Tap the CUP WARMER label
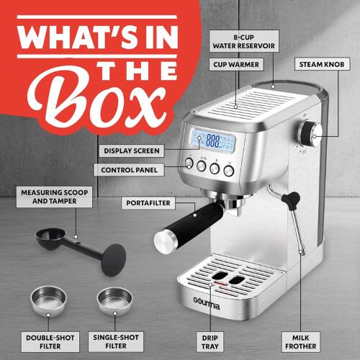coord(237,65)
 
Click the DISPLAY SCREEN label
coord(131,150)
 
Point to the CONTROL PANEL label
coord(129,170)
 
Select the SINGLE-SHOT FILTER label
coord(117,340)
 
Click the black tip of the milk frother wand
coord(290,198)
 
